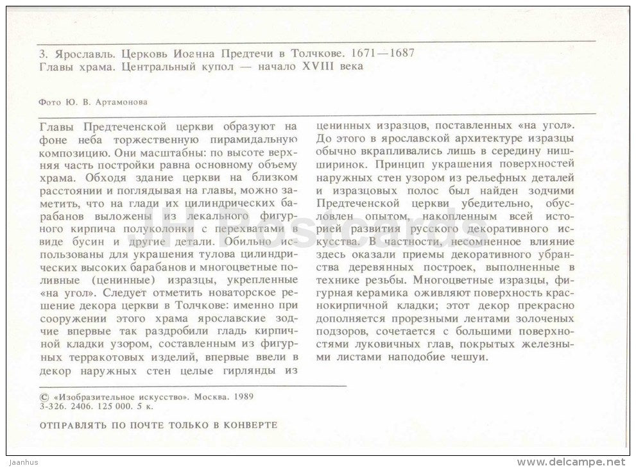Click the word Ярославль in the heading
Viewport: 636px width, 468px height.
(74, 54)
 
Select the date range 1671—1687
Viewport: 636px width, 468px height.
(380, 54)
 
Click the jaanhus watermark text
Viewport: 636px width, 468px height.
(22, 462)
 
